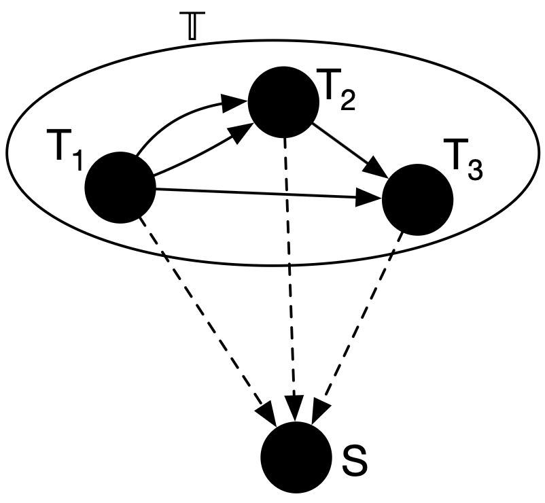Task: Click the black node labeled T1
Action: pyautogui.click(x=120, y=187)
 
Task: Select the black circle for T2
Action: pyautogui.click(x=284, y=101)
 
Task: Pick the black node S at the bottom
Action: pyautogui.click(x=296, y=457)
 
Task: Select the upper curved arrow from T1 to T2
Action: pyautogui.click(x=177, y=119)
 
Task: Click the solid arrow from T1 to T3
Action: pyautogui.click(x=265, y=194)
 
